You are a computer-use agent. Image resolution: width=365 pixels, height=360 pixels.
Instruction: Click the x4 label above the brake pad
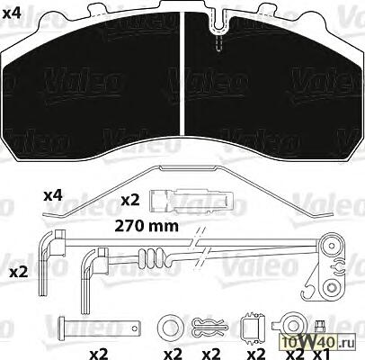(x=12, y=13)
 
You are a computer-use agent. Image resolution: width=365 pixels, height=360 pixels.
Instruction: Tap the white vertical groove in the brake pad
(x=182, y=75)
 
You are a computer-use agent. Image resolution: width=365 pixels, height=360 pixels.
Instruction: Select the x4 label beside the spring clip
(x=53, y=196)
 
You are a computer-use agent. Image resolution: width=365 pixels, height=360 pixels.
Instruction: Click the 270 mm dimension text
(x=147, y=226)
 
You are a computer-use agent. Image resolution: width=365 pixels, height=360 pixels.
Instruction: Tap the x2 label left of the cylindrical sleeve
(x=130, y=201)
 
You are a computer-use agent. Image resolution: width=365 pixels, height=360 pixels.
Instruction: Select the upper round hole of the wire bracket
(x=332, y=246)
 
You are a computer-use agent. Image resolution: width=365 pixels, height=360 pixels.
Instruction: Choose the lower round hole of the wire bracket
(x=331, y=287)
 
